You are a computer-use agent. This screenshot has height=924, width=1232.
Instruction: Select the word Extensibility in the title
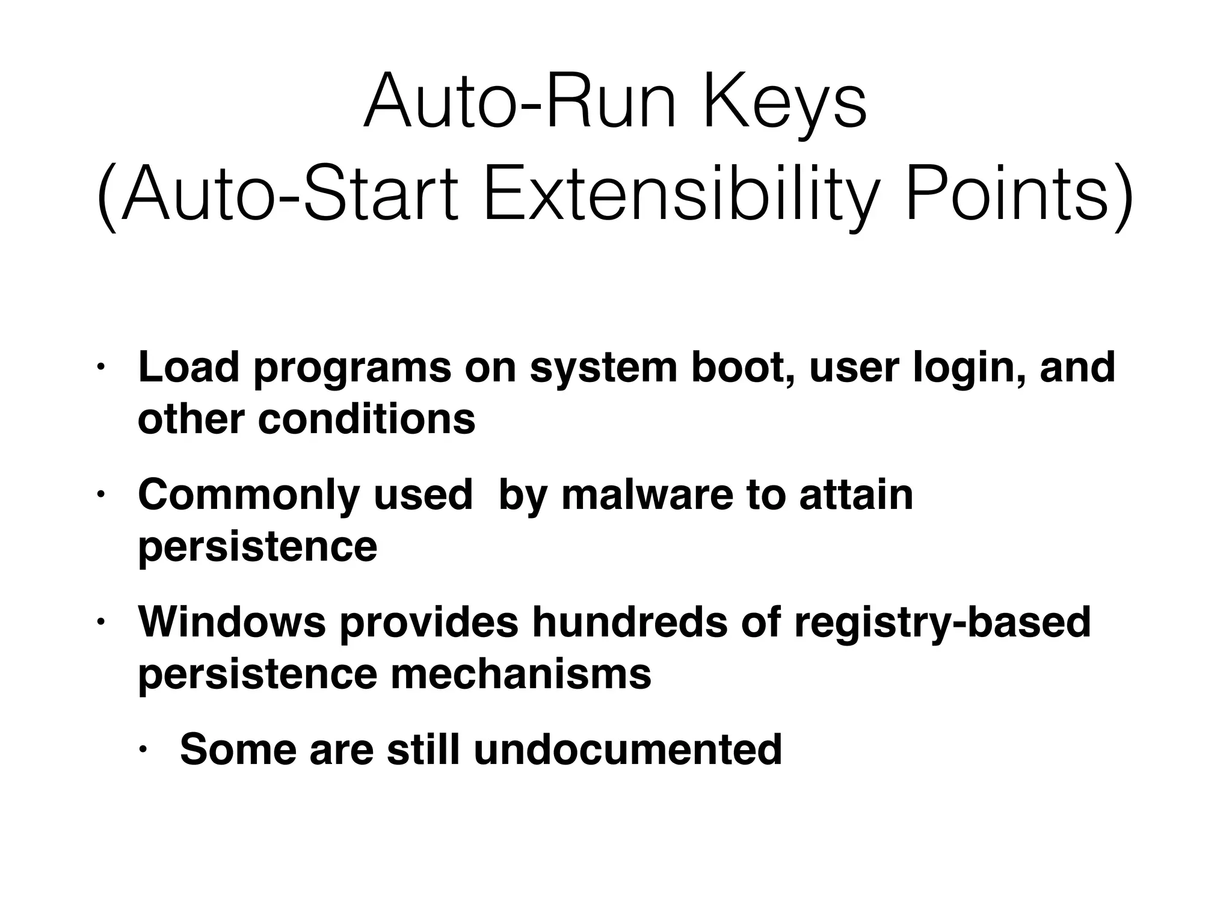click(x=676, y=197)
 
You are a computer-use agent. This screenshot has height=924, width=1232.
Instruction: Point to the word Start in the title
click(x=381, y=197)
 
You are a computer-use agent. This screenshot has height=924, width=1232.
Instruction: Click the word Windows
click(x=232, y=622)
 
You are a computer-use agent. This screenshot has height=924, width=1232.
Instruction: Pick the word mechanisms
click(x=521, y=674)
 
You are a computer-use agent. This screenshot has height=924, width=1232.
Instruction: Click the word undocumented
click(x=627, y=750)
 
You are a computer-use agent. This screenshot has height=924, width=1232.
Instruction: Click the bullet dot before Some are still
click(x=143, y=750)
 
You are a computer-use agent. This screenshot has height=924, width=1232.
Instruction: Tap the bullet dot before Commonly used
click(x=100, y=495)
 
